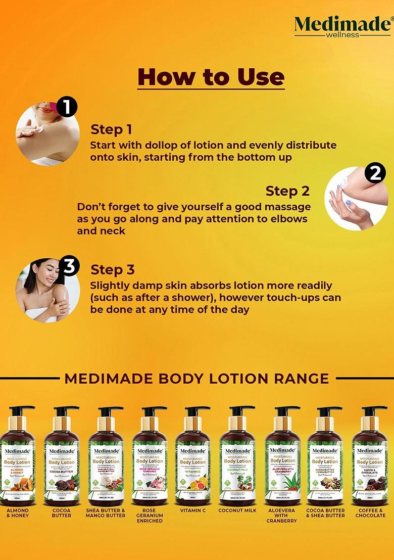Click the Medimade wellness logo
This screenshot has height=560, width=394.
click(x=342, y=26)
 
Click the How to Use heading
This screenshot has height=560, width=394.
click(x=211, y=77)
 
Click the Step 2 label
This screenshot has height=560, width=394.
click(x=287, y=191)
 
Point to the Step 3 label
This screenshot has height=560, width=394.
click(x=113, y=269)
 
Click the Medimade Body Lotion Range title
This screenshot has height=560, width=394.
click(x=197, y=378)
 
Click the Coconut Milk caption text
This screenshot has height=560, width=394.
click(x=237, y=510)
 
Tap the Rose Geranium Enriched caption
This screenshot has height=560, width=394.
click(x=150, y=516)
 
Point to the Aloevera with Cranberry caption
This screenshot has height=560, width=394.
click(x=281, y=516)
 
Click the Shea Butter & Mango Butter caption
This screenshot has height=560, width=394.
click(x=106, y=513)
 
